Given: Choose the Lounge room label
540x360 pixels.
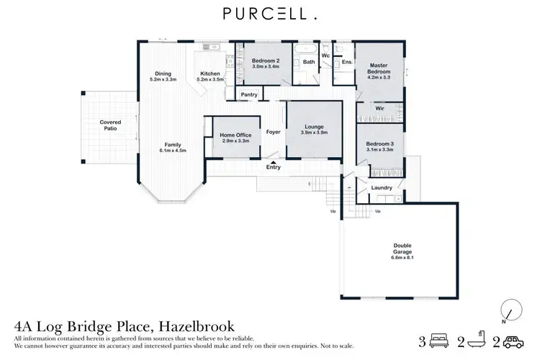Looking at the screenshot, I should point(313,127).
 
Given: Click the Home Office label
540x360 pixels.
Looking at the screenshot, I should point(235,135).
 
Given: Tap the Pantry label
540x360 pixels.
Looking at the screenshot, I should point(249,94).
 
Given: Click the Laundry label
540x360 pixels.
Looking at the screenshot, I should point(382,188).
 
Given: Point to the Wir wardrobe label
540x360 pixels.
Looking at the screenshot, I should point(379,108).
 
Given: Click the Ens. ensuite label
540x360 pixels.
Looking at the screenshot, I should point(346,62).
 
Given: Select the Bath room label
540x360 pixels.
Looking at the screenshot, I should point(308,62).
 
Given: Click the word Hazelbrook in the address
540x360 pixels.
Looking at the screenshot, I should point(194,326).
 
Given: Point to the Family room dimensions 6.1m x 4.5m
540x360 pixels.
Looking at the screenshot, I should point(173,150).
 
